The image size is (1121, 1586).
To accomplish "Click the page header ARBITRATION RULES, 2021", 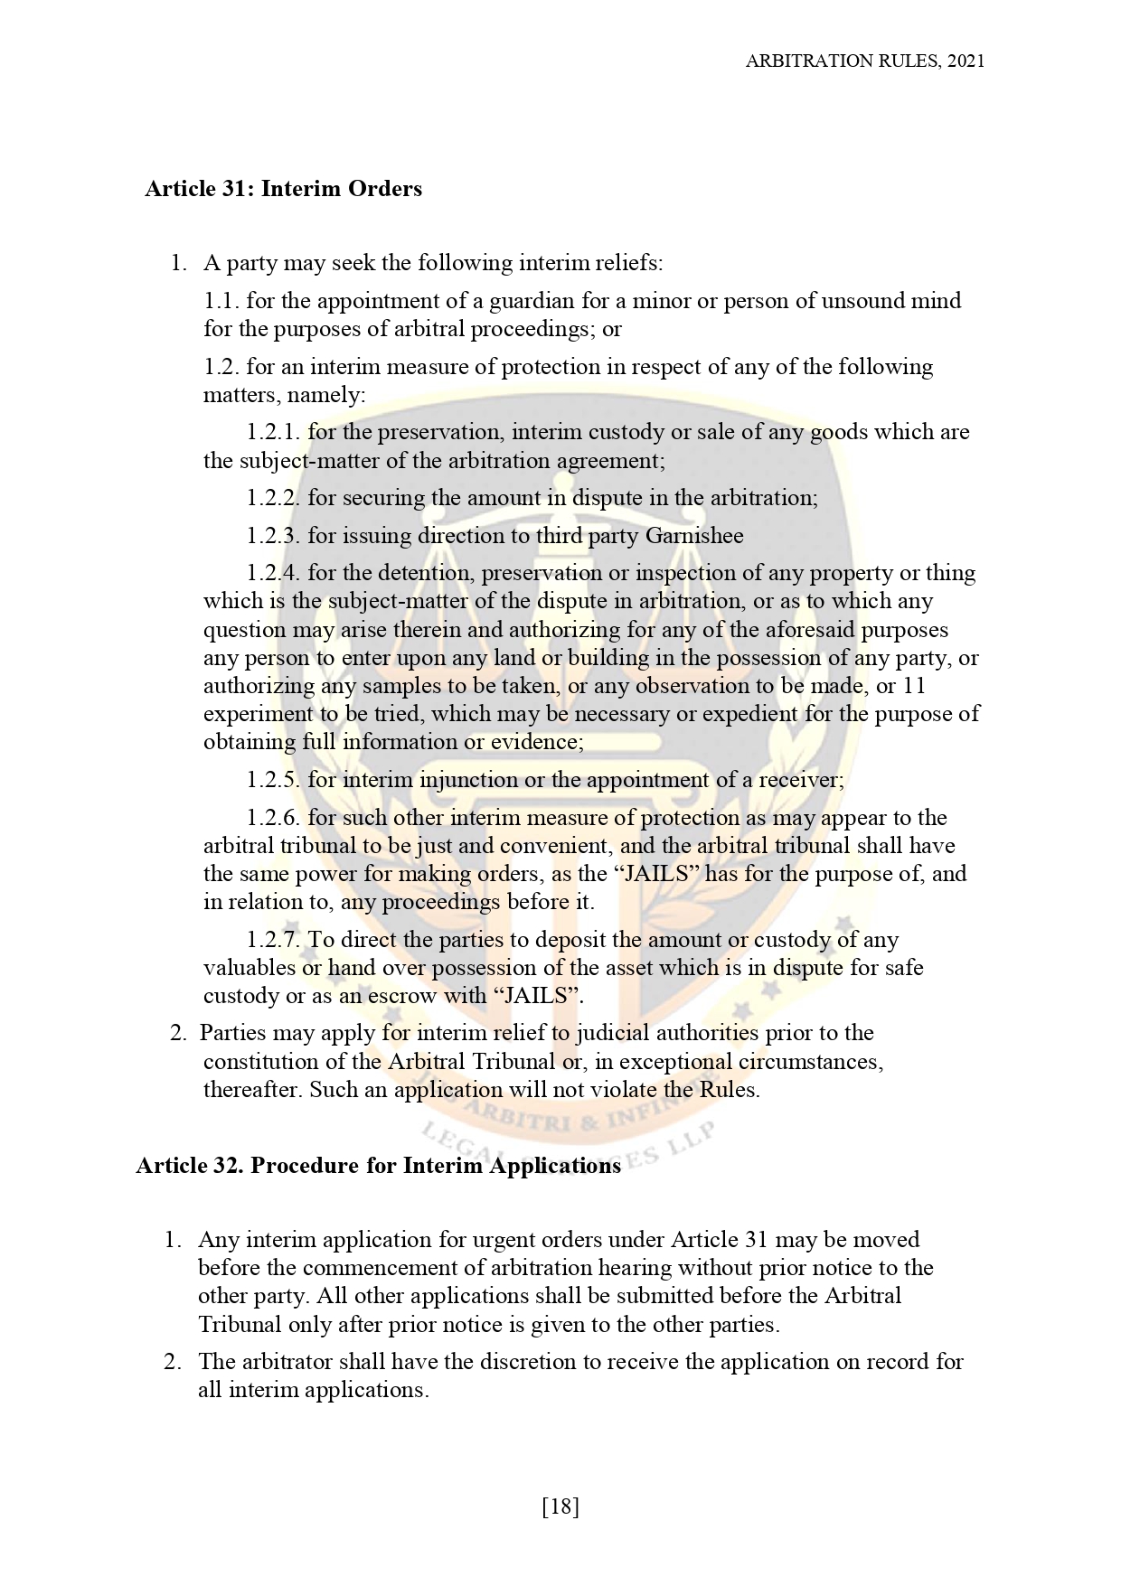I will [x=864, y=61].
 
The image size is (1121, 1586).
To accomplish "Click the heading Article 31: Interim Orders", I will [x=283, y=189].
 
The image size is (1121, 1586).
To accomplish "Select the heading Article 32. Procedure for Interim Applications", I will [x=378, y=1166].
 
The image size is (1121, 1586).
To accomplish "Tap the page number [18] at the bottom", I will [x=560, y=1506].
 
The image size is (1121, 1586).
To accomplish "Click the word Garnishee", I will [x=693, y=536].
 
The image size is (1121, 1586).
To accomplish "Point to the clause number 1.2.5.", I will [x=273, y=780].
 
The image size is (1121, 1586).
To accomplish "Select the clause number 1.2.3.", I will [x=273, y=536].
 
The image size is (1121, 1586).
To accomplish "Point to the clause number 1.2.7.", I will [x=273, y=940].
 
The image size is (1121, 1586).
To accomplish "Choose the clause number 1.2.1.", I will [x=273, y=432].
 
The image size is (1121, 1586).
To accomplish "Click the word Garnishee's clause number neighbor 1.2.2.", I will [x=273, y=498].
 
